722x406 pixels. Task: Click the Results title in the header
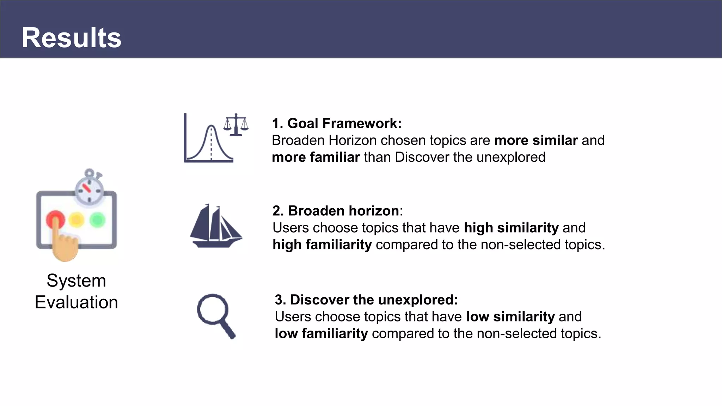pos(72,38)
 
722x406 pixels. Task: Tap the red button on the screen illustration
pos(55,219)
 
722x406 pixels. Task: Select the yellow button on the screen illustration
pos(77,220)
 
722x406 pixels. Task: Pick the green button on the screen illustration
pos(98,220)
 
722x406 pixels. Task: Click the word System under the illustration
pos(76,281)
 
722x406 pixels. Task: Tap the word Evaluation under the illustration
pos(76,302)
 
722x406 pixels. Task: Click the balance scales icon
pos(236,125)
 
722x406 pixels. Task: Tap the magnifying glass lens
pos(212,309)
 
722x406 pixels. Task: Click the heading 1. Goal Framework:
pos(337,123)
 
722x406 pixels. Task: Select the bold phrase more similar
pos(536,140)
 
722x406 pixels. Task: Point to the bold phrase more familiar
pos(316,157)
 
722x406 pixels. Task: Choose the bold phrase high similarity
pos(511,228)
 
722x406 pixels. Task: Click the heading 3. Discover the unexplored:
pos(366,300)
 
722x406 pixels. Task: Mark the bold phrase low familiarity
pos(321,333)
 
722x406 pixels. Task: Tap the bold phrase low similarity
pos(510,316)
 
